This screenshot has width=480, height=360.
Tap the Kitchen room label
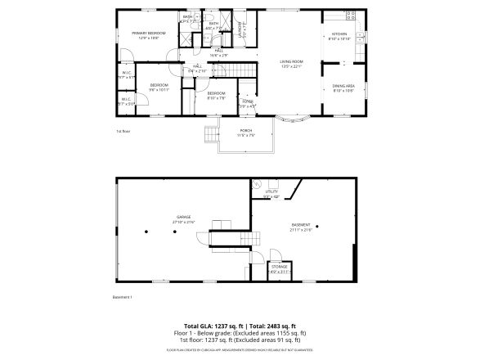pos(339,36)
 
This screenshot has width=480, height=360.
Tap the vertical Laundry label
pos(240,30)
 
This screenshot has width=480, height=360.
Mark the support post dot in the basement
pos(317,227)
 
